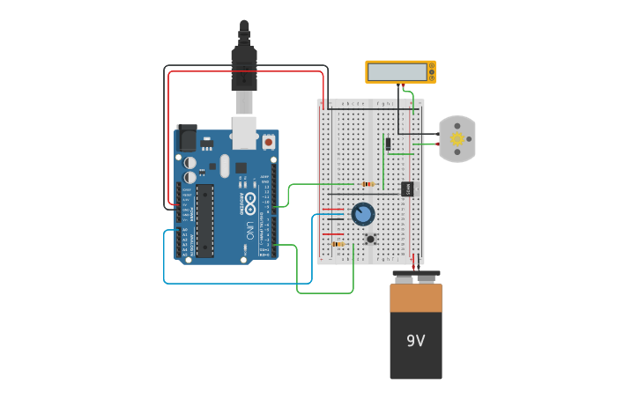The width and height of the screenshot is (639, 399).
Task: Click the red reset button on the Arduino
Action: point(268,141)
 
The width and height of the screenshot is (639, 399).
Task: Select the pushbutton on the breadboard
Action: point(371,238)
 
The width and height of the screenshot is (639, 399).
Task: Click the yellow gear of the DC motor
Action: point(457,138)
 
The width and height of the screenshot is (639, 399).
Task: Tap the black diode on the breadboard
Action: point(388,144)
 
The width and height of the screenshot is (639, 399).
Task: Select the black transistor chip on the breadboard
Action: point(407,188)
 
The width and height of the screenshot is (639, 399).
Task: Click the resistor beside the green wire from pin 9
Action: point(368,184)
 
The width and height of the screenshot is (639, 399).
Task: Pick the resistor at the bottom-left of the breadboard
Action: point(338,244)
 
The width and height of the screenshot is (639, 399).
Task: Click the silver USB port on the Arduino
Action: point(244,131)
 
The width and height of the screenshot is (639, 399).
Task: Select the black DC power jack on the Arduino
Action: point(186,138)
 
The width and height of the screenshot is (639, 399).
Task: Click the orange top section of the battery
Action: point(415,298)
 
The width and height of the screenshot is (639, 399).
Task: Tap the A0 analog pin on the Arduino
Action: point(185,231)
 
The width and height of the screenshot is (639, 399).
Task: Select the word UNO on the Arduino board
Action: point(249,231)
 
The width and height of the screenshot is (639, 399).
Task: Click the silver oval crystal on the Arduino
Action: point(225,166)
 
